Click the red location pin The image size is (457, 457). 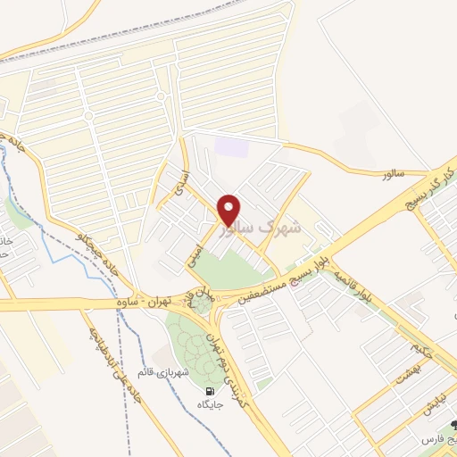pos(228,210)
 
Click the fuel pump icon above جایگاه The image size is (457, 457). pos(210,391)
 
